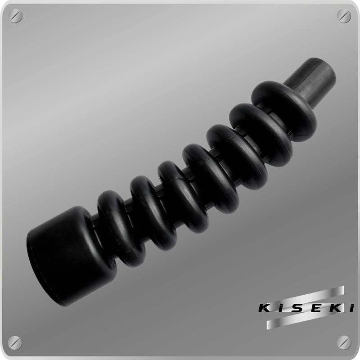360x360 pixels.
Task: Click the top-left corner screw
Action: pos(15,16)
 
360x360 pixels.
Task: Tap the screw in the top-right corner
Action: pos(344,16)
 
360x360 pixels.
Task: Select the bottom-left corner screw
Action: pos(15,343)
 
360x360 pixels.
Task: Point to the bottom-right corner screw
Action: pos(344,343)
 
